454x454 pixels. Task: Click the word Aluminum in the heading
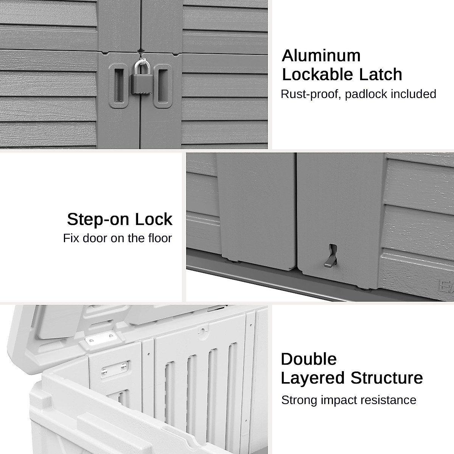[321, 56]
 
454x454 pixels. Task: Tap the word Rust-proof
[310, 94]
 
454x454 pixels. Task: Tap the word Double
[309, 359]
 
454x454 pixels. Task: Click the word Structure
[387, 378]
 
